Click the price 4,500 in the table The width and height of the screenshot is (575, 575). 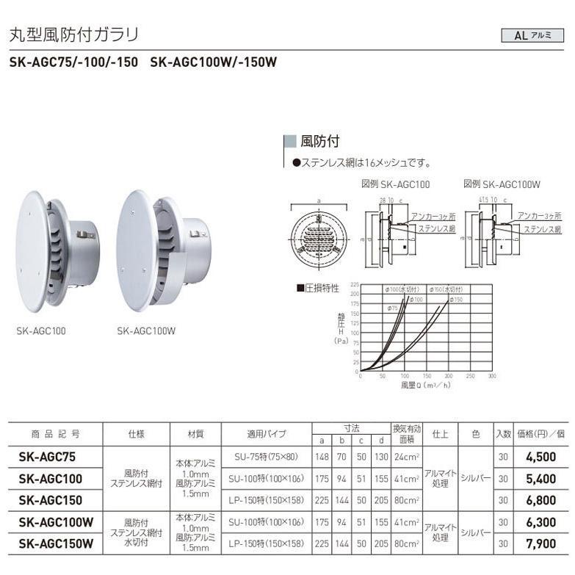coord(542,456)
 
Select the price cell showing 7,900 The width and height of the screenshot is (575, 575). coord(542,544)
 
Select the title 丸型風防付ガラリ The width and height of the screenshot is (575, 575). coord(73,35)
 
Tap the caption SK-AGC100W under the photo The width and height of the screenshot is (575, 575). coord(146,330)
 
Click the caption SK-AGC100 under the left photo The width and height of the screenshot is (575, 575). coord(41,330)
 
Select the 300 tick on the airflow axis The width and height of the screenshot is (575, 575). coord(491,375)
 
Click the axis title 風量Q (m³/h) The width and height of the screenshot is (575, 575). coord(426,384)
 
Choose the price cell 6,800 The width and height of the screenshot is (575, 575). coord(542,500)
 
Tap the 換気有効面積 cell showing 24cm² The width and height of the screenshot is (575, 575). coord(406,456)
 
